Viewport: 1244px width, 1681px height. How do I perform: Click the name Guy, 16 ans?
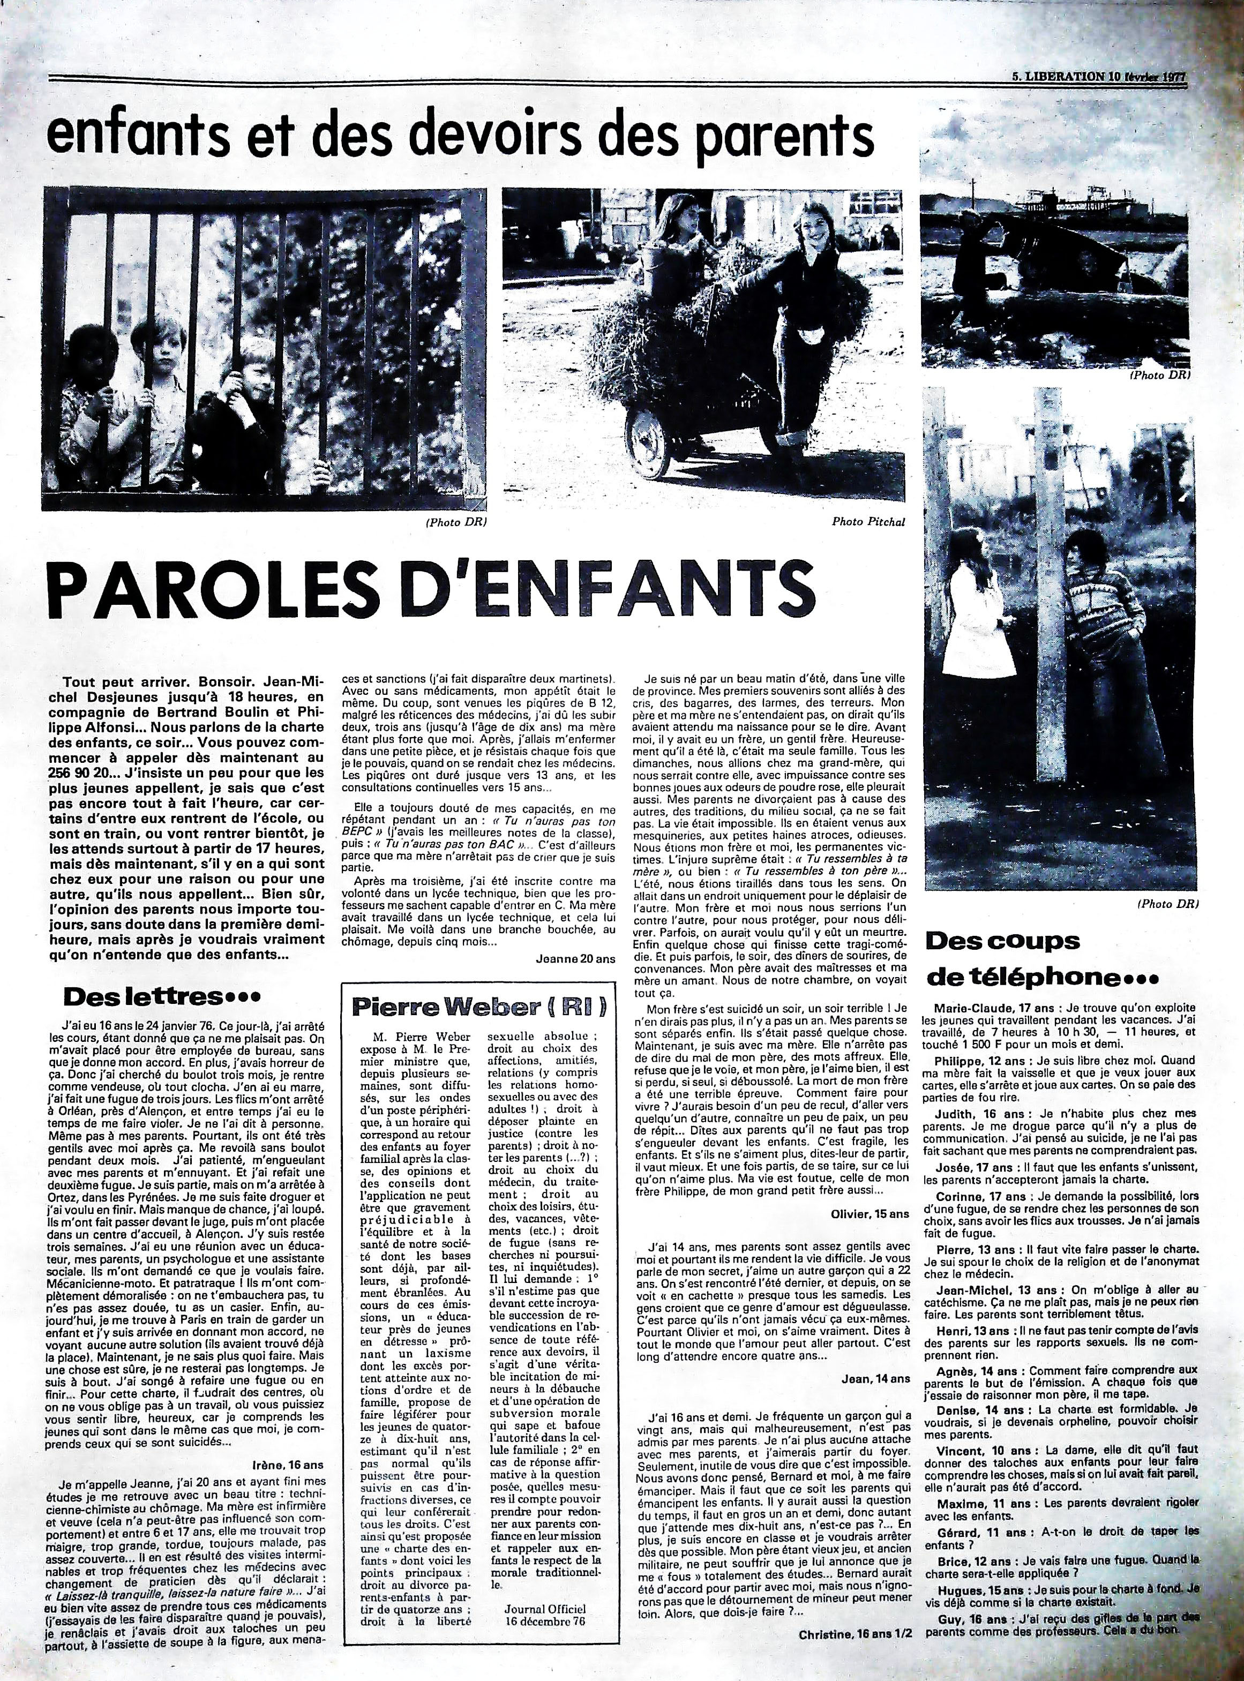pos(958,1637)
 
